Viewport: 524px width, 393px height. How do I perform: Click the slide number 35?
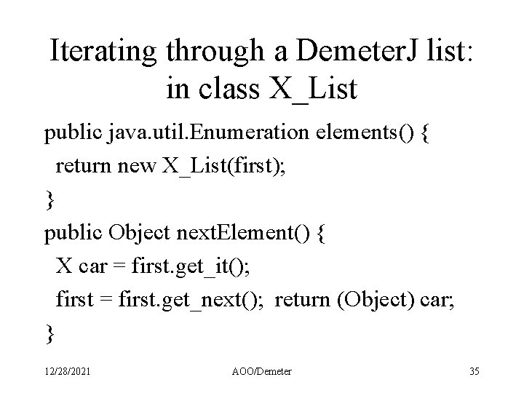475,372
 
